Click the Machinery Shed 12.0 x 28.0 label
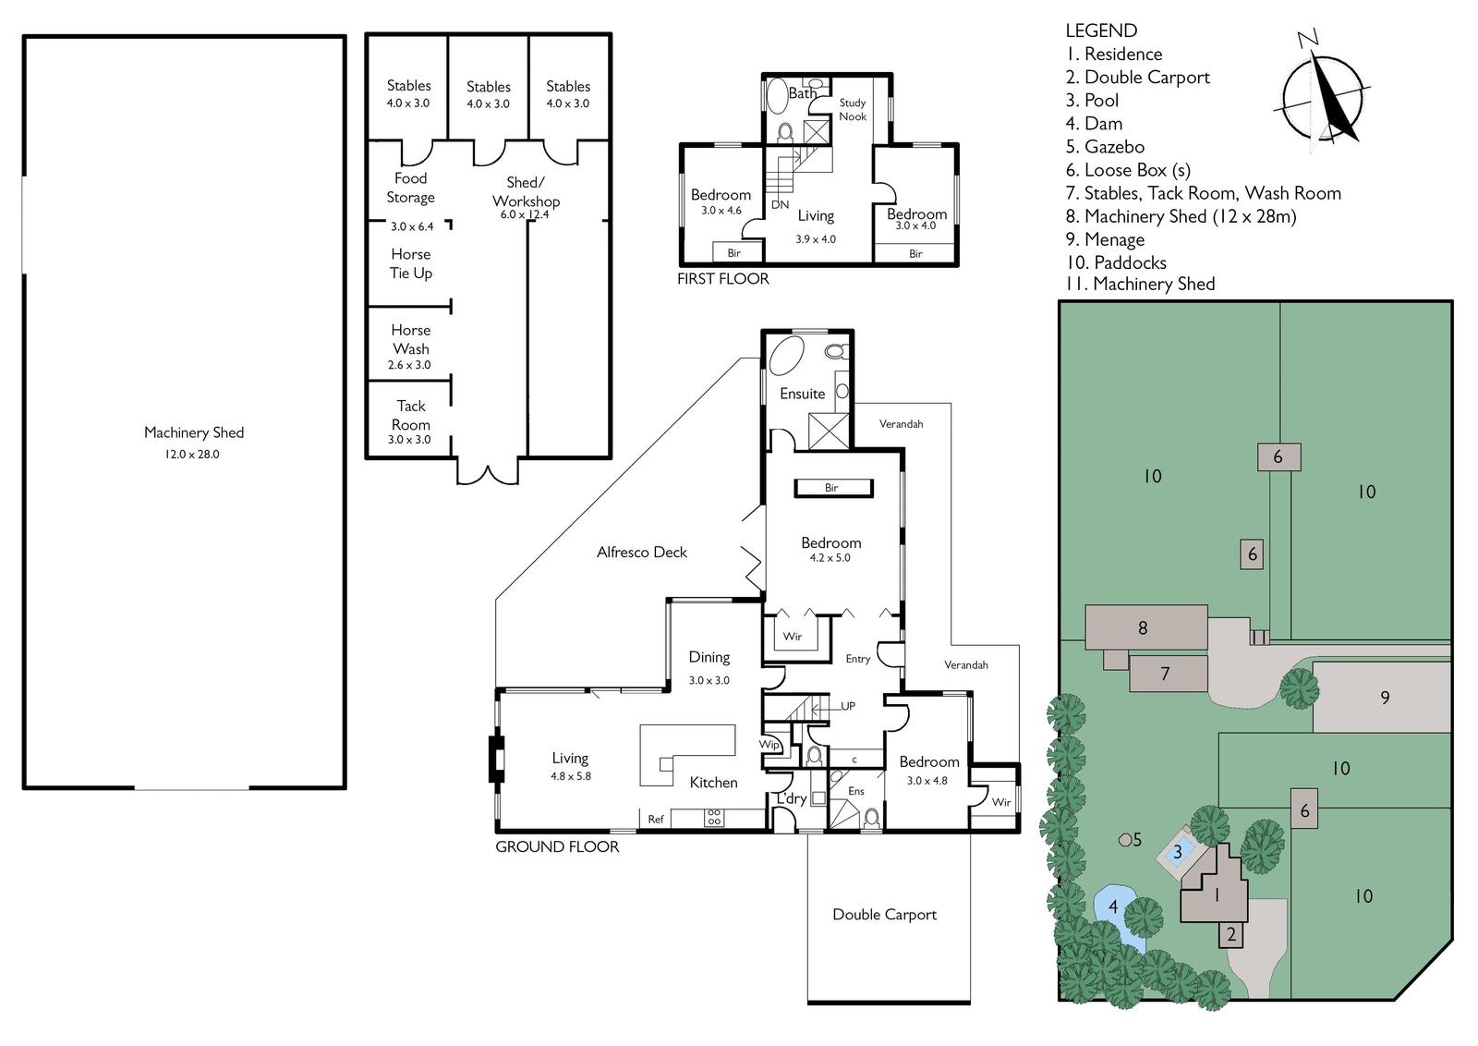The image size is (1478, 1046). pyautogui.click(x=194, y=443)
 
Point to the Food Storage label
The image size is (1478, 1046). pyautogui.click(x=410, y=188)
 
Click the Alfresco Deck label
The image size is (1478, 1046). pyautogui.click(x=642, y=552)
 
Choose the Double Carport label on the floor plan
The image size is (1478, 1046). pyautogui.click(x=884, y=914)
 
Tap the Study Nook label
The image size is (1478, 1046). pyautogui.click(x=853, y=110)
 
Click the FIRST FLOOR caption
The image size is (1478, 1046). pyautogui.click(x=723, y=278)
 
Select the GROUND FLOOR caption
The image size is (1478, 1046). pyautogui.click(x=557, y=846)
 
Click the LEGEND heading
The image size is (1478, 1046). pyautogui.click(x=1101, y=30)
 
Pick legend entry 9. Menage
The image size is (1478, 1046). pyautogui.click(x=1105, y=239)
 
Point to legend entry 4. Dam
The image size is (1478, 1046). pyautogui.click(x=1094, y=124)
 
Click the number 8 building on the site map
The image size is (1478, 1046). pyautogui.click(x=1146, y=626)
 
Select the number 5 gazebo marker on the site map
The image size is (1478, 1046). pyautogui.click(x=1124, y=840)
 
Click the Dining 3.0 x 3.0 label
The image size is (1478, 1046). pyautogui.click(x=709, y=667)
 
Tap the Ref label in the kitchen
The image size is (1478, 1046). pyautogui.click(x=655, y=819)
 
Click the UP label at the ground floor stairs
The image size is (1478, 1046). pyautogui.click(x=848, y=705)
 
